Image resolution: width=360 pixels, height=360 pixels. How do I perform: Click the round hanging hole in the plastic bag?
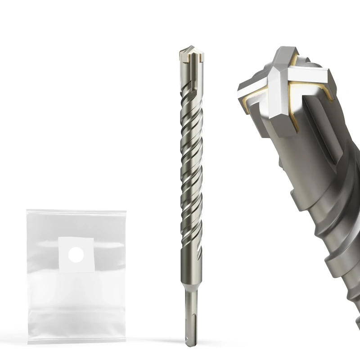pos(76,254)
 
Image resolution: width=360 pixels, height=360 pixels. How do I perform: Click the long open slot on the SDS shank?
pos(189,315)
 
